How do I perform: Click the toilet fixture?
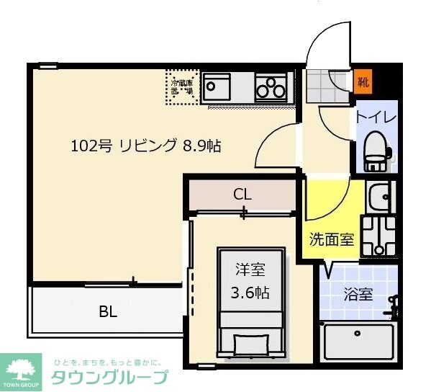(x=375, y=151)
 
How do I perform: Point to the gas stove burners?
(x=271, y=88)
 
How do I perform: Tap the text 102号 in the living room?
(x=90, y=146)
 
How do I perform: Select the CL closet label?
(x=242, y=194)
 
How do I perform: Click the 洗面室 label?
(x=332, y=239)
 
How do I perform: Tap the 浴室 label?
(x=357, y=294)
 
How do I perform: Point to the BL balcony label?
(x=108, y=312)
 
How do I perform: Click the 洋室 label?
(x=250, y=270)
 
